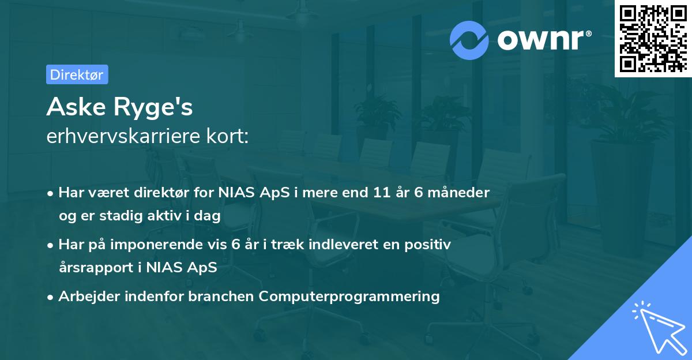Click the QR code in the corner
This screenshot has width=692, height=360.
[653, 38]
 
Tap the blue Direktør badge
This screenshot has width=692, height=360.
[77, 74]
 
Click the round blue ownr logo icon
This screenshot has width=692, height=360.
[469, 40]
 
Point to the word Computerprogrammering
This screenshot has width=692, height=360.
[349, 297]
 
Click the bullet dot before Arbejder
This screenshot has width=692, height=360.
[51, 297]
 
